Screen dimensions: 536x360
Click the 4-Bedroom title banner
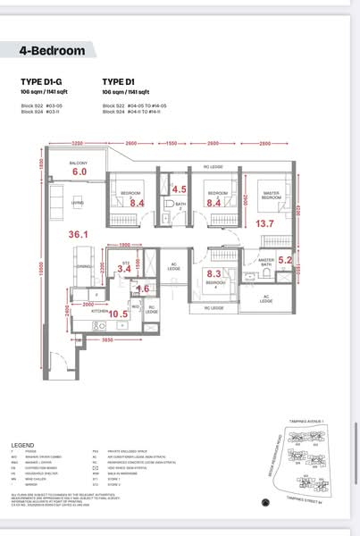coord(54,51)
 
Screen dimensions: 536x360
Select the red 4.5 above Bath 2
coord(179,188)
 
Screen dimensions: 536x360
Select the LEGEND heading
coord(23,444)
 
